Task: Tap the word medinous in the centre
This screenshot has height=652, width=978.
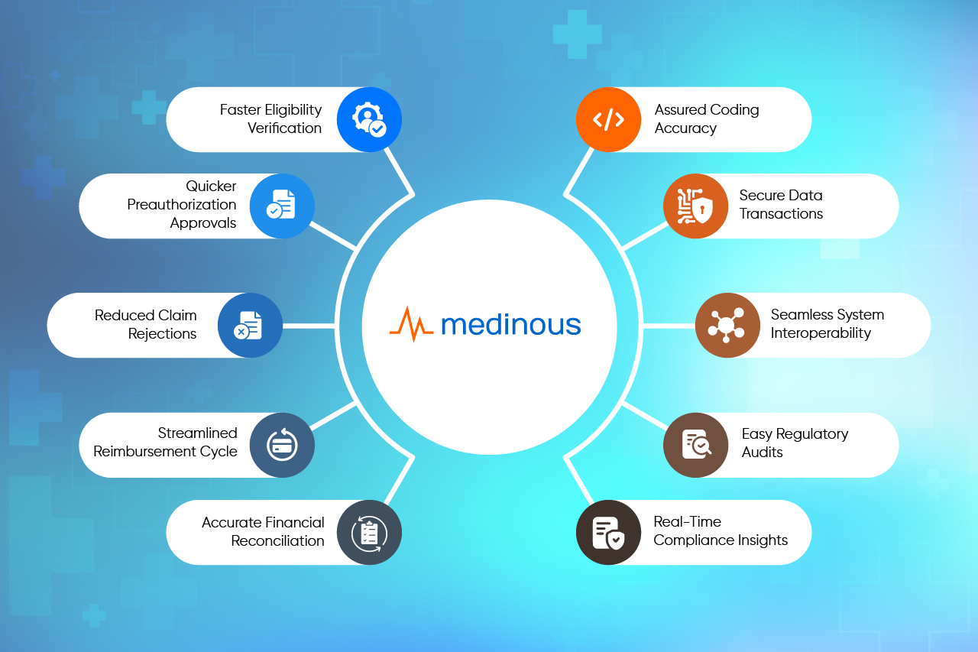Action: point(510,325)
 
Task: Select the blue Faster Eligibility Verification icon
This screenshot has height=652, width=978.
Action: point(369,119)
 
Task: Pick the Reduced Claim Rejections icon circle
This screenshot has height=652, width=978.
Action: point(250,326)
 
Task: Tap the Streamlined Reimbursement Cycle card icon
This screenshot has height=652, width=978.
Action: point(282,446)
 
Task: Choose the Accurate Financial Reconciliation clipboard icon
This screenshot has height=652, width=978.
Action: point(369,533)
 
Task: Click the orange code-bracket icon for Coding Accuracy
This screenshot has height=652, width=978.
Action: point(608,119)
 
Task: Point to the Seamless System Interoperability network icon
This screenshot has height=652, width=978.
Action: point(727,326)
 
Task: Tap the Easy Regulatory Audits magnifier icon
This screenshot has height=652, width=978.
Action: point(695,446)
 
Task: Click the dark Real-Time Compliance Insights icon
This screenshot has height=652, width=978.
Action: point(608,533)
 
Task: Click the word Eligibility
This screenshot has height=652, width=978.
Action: point(293,110)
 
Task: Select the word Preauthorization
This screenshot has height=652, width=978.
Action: point(182,205)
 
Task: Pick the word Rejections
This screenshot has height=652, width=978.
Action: point(162,334)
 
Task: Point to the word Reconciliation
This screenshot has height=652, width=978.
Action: point(277,541)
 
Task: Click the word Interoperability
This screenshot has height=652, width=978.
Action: point(821,333)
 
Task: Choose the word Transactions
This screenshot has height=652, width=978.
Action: point(781,214)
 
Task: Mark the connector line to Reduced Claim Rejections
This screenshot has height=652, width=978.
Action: point(309,326)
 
